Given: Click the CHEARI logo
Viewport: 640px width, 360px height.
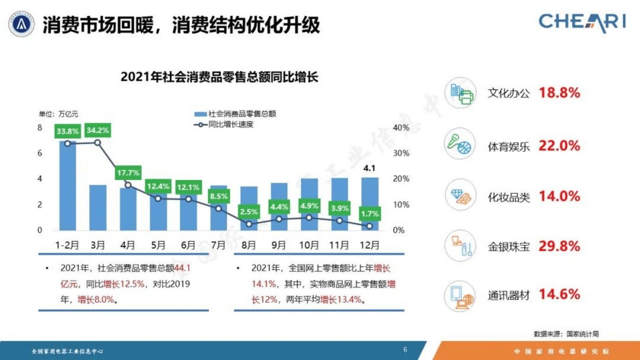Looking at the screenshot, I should (582, 22).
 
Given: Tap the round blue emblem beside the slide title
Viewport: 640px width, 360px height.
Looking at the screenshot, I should (21, 24).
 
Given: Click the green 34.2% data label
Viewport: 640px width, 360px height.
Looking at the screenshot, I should (98, 130).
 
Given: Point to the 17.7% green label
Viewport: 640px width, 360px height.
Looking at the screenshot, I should (128, 173).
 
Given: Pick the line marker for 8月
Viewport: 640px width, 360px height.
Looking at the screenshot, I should (249, 224).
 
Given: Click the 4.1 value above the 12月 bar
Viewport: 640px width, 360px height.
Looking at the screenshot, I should (369, 168).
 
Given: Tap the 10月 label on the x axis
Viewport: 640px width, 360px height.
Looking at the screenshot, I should (309, 245).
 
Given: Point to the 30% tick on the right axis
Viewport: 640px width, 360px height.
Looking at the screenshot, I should (401, 153).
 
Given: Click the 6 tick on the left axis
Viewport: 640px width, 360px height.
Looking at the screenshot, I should (40, 153).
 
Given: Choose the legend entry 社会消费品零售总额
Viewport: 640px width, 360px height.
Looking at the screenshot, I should (236, 114).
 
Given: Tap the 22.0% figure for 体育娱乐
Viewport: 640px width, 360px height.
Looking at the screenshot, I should (559, 146).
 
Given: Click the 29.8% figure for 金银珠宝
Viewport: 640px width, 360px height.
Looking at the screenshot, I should (559, 246).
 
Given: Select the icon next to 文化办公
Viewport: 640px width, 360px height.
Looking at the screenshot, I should (460, 93).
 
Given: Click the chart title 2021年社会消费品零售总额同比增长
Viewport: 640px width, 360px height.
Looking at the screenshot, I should (219, 77).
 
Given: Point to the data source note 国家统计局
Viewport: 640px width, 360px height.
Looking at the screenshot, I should (566, 334).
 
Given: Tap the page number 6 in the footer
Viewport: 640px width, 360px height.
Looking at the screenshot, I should (405, 350).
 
